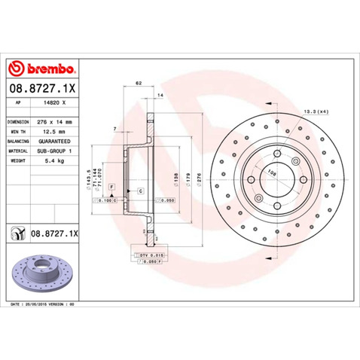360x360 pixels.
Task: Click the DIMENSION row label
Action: click(x=18, y=121)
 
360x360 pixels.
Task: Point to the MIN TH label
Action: click(x=17, y=130)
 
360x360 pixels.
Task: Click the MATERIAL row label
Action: click(x=18, y=150)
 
